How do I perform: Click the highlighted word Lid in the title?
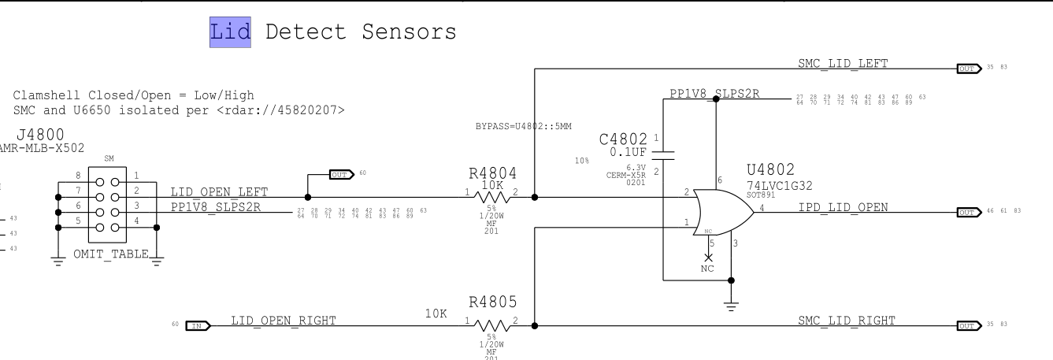click(x=230, y=32)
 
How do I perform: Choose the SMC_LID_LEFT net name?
click(x=847, y=64)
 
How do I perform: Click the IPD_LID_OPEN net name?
click(x=843, y=207)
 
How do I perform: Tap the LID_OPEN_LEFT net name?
click(x=219, y=192)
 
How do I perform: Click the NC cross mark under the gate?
click(x=709, y=258)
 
